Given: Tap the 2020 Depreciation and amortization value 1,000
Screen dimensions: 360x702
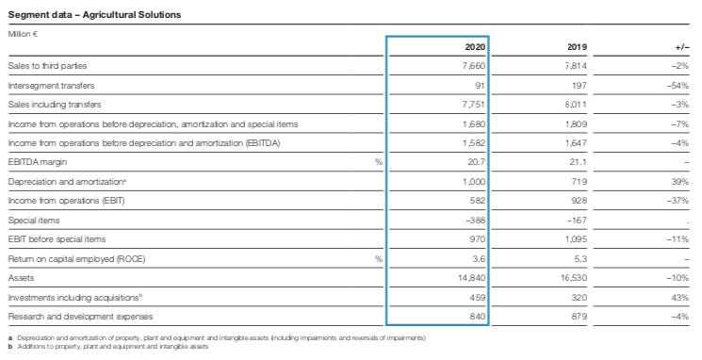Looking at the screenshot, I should click(472, 181).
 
